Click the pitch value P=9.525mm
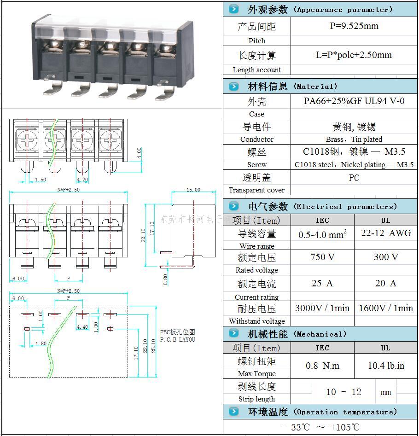point(354,26)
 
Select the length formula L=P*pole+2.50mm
point(354,55)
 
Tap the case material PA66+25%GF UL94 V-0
point(354,101)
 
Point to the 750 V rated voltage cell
point(322,257)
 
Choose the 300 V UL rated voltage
point(385,257)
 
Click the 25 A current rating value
point(322,283)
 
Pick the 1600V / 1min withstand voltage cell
point(386,308)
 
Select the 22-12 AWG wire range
point(386,233)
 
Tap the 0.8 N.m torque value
point(322,366)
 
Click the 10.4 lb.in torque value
point(386,366)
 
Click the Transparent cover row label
point(256,190)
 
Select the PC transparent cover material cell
point(354,178)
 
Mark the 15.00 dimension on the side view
point(193,190)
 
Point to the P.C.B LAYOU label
point(178,339)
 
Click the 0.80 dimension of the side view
point(165,279)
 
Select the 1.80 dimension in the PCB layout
point(41,343)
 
